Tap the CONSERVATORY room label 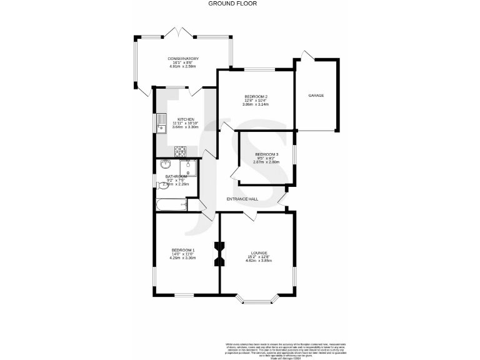point(182,59)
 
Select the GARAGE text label point(316,96)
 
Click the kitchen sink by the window point(161,121)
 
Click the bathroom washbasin point(166,165)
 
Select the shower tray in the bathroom point(188,168)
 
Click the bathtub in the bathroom point(171,204)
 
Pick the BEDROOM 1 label point(183,251)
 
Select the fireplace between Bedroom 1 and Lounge point(219,254)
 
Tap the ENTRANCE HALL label point(243,199)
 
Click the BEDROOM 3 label point(266,154)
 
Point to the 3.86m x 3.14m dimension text point(255,104)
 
